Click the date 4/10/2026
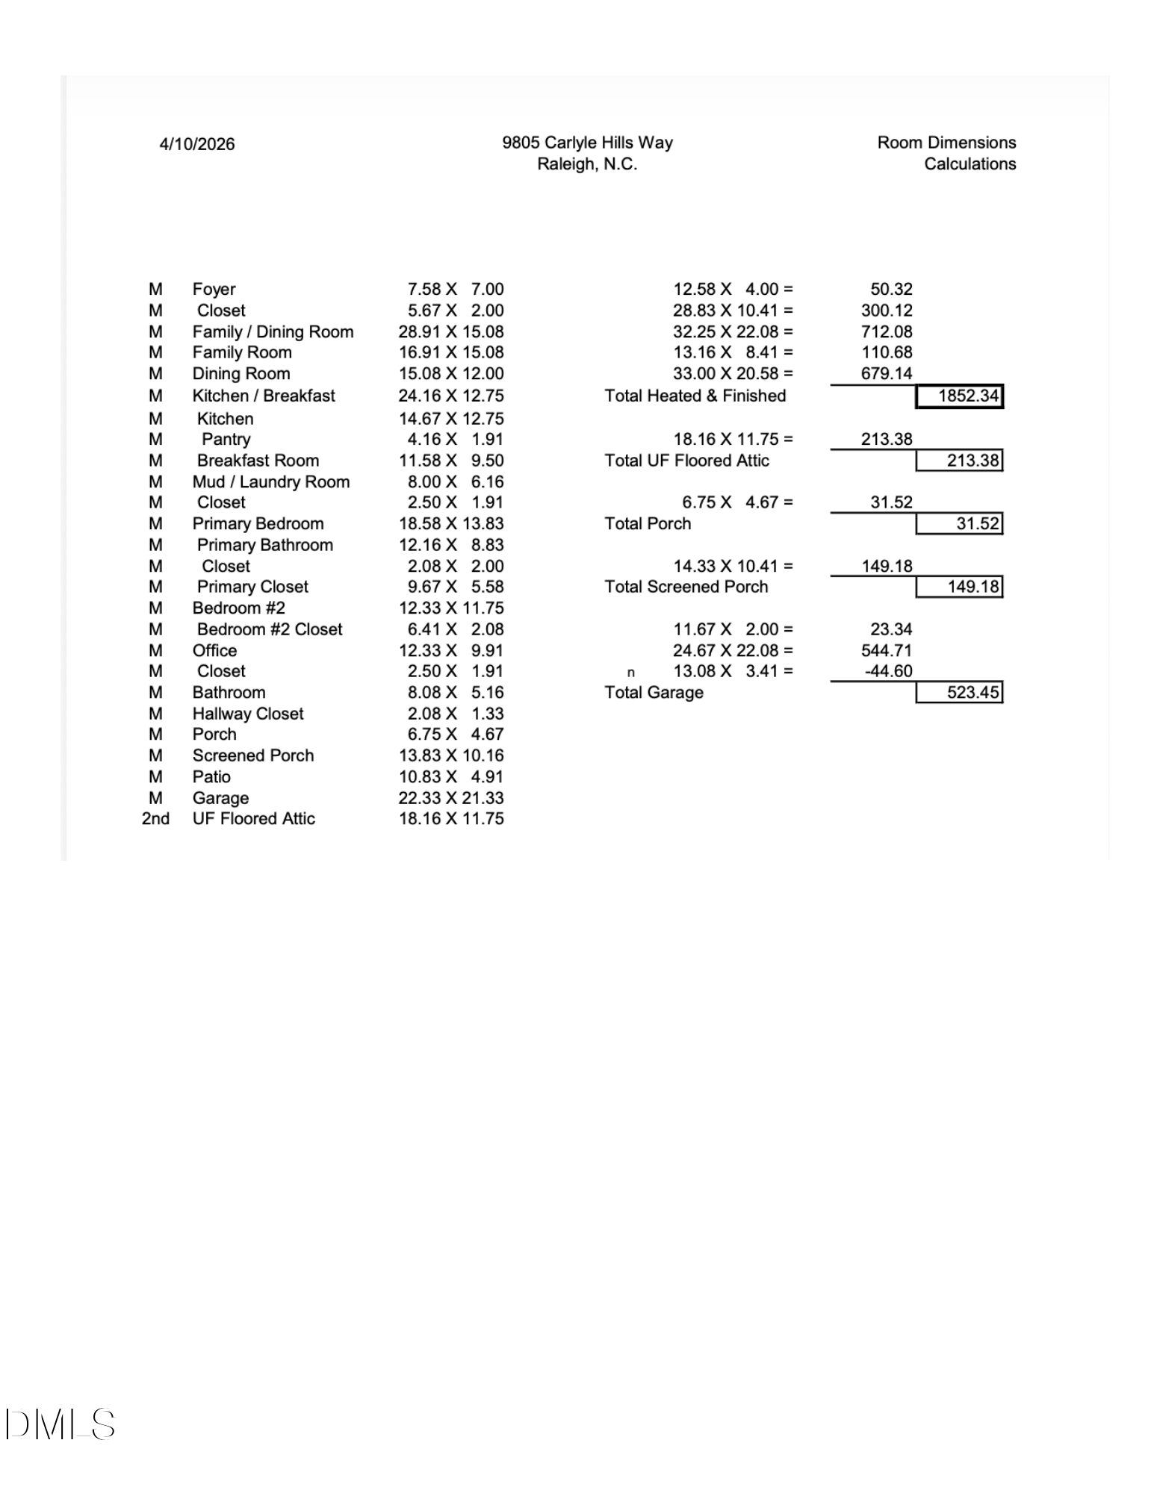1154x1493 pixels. (x=196, y=144)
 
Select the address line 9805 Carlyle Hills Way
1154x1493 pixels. (x=587, y=143)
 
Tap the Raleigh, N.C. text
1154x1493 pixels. (x=587, y=164)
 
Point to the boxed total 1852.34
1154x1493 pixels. (x=967, y=396)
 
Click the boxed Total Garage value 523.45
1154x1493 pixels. (x=972, y=693)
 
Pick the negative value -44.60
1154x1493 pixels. (x=888, y=671)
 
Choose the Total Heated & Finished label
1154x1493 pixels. (x=695, y=396)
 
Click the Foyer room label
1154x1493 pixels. (x=214, y=289)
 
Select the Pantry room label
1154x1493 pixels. (x=226, y=439)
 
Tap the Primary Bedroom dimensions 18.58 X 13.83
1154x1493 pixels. (x=450, y=523)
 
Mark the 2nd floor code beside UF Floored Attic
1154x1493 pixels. (x=155, y=819)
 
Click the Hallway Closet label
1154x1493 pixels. (x=248, y=714)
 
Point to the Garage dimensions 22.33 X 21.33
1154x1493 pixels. (x=450, y=798)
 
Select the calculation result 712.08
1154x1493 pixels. (x=887, y=331)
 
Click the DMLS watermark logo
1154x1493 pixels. (x=60, y=1424)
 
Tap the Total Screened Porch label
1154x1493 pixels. (x=686, y=587)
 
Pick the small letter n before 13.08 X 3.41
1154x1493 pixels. (x=630, y=673)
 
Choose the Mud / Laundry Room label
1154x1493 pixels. (x=270, y=481)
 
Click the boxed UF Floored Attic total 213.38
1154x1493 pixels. (x=972, y=461)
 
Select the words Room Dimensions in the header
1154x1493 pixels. (x=946, y=143)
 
